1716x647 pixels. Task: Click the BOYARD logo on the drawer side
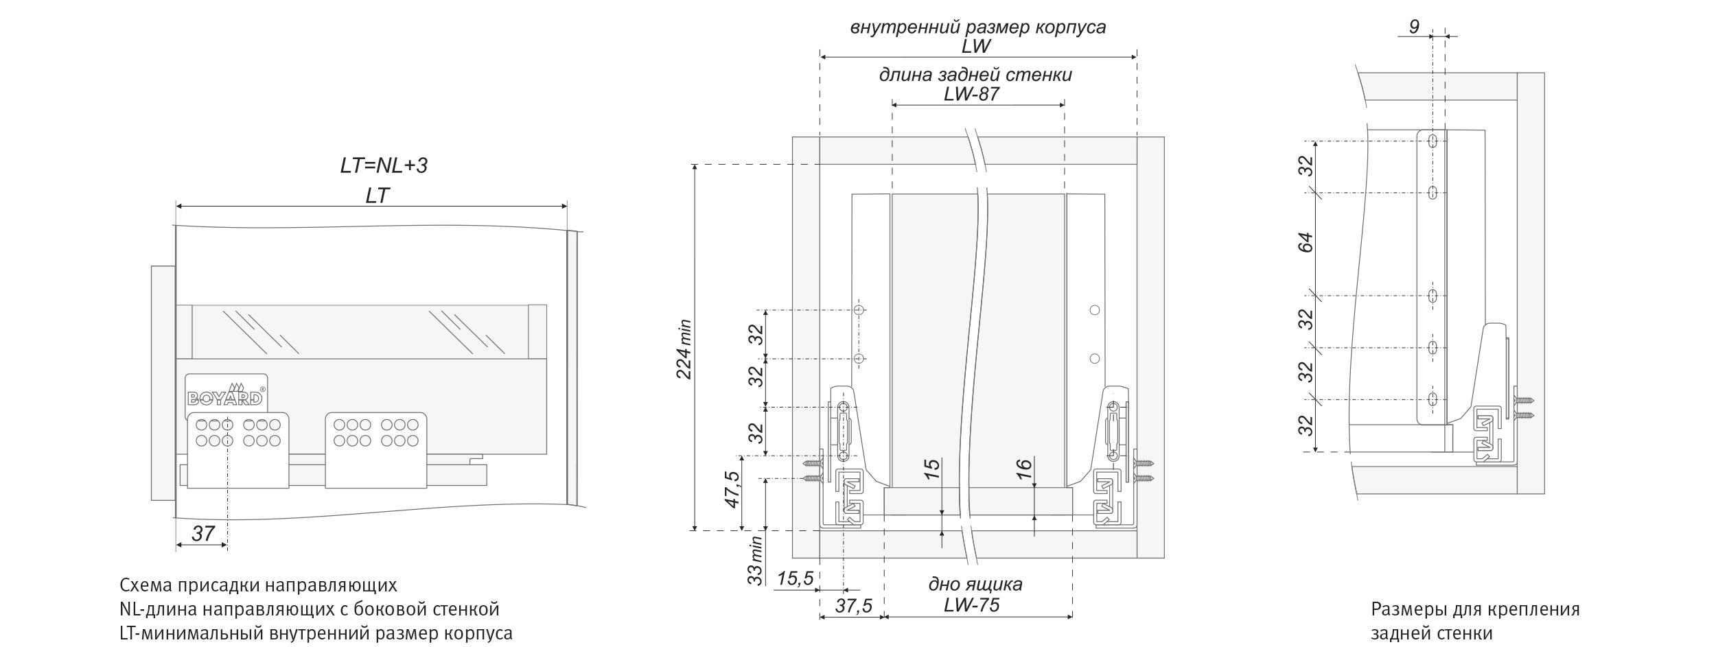(x=225, y=397)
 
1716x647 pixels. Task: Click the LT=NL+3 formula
(x=384, y=165)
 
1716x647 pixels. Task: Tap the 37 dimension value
(x=203, y=533)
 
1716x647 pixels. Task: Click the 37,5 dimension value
(x=853, y=606)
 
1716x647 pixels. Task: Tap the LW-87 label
(x=971, y=93)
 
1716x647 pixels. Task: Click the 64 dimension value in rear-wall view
(x=1306, y=243)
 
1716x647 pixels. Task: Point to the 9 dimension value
(x=1414, y=27)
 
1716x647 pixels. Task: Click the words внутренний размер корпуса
(x=978, y=27)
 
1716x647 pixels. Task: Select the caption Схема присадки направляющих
(x=258, y=585)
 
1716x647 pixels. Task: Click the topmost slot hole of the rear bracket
(x=1433, y=141)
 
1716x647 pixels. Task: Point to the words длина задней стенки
(x=975, y=74)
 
